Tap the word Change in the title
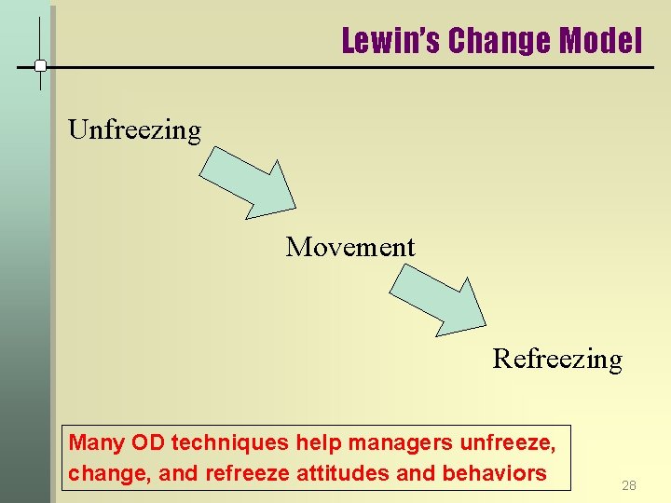point(499,41)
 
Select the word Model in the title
point(601,41)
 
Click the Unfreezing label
point(134,129)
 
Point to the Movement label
point(350,247)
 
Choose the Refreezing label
point(557,359)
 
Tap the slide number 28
point(629,485)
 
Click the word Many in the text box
point(97,442)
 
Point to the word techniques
point(227,442)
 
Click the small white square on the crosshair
point(41,66)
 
